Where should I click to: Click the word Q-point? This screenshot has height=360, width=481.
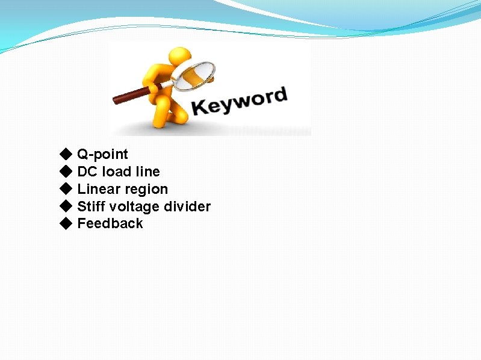(x=102, y=155)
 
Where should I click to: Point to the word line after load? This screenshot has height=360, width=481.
(x=147, y=172)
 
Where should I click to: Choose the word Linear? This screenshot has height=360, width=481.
(x=97, y=189)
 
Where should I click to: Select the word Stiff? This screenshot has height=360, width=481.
(x=90, y=206)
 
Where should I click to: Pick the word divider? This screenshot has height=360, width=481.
(x=187, y=206)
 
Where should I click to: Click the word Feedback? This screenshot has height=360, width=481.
(x=110, y=223)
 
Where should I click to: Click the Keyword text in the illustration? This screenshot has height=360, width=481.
(x=239, y=102)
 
